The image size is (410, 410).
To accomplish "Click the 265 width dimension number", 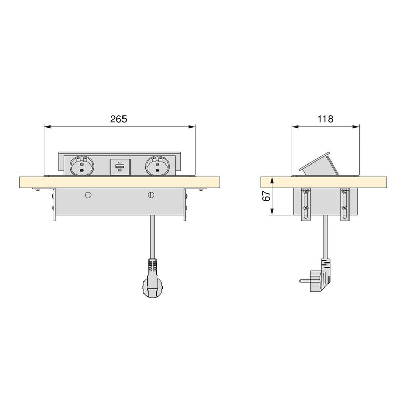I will point(118,119).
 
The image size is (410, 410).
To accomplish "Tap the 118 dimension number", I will point(325,119).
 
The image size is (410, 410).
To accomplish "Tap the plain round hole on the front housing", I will point(88,195).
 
